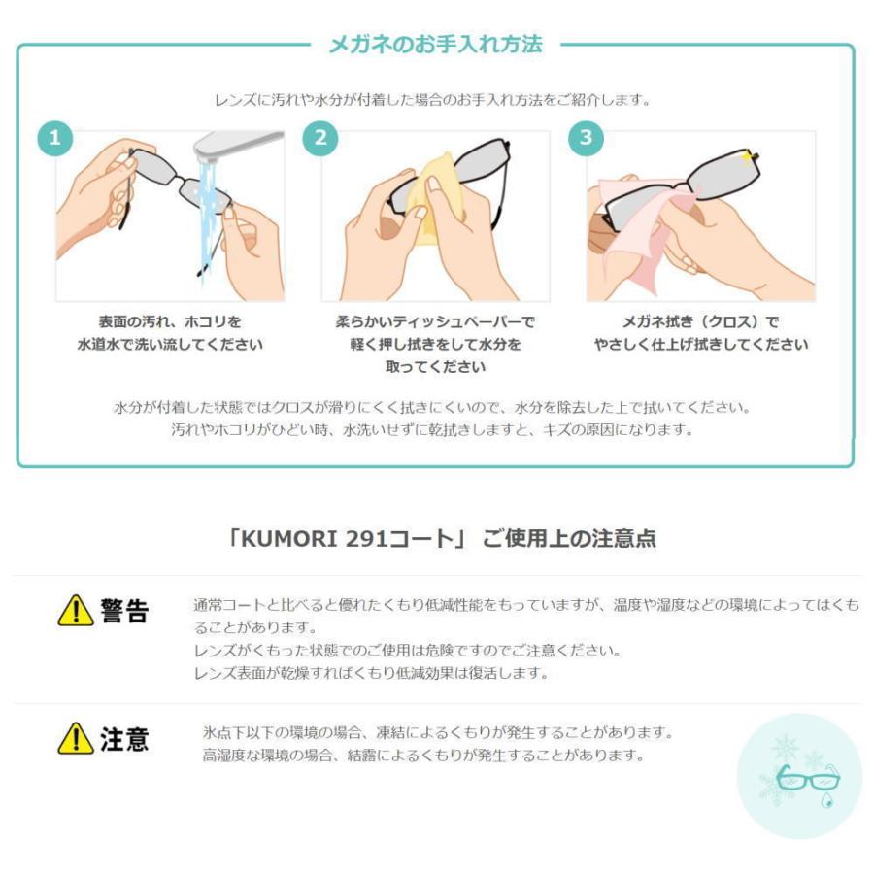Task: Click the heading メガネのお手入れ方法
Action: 435,44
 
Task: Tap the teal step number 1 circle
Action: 55,138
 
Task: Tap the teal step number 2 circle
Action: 320,138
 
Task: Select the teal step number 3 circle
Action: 585,138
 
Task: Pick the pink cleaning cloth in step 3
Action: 641,218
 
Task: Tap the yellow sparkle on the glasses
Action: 747,155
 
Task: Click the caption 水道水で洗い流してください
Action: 170,345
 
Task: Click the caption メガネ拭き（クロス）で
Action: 700,321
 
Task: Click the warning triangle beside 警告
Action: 75,612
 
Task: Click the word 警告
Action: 123,612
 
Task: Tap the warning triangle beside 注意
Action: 75,740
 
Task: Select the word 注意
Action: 123,740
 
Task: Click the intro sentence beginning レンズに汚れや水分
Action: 431,99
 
